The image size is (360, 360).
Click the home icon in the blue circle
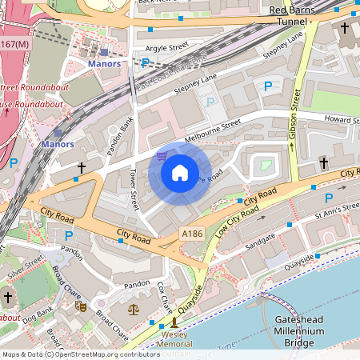click(x=180, y=172)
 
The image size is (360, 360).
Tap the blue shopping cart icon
click(x=162, y=156)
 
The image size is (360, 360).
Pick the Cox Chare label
click(x=165, y=298)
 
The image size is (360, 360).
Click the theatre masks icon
click(x=80, y=306)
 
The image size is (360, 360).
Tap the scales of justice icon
click(x=133, y=308)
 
